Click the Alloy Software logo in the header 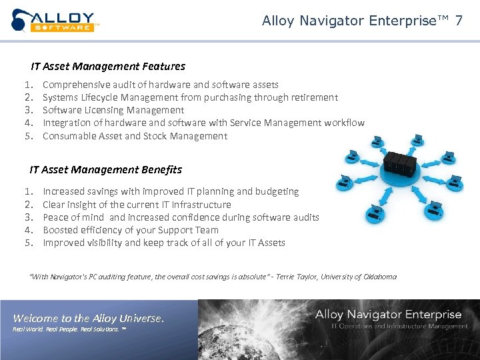(x=55, y=21)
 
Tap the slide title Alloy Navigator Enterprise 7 (x=362, y=21)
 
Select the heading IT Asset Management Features (x=108, y=67)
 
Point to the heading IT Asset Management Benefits (x=105, y=170)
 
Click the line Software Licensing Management (x=113, y=110)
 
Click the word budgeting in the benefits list (x=277, y=191)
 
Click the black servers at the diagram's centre (x=399, y=163)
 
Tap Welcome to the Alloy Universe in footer (x=88, y=319)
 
